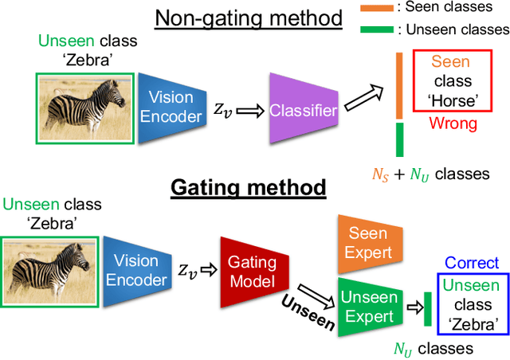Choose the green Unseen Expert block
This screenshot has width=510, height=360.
coord(367,306)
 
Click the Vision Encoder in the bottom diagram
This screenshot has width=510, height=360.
coord(136,271)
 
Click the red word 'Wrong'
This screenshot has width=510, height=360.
coord(453,123)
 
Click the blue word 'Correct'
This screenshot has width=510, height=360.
coord(472,263)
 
